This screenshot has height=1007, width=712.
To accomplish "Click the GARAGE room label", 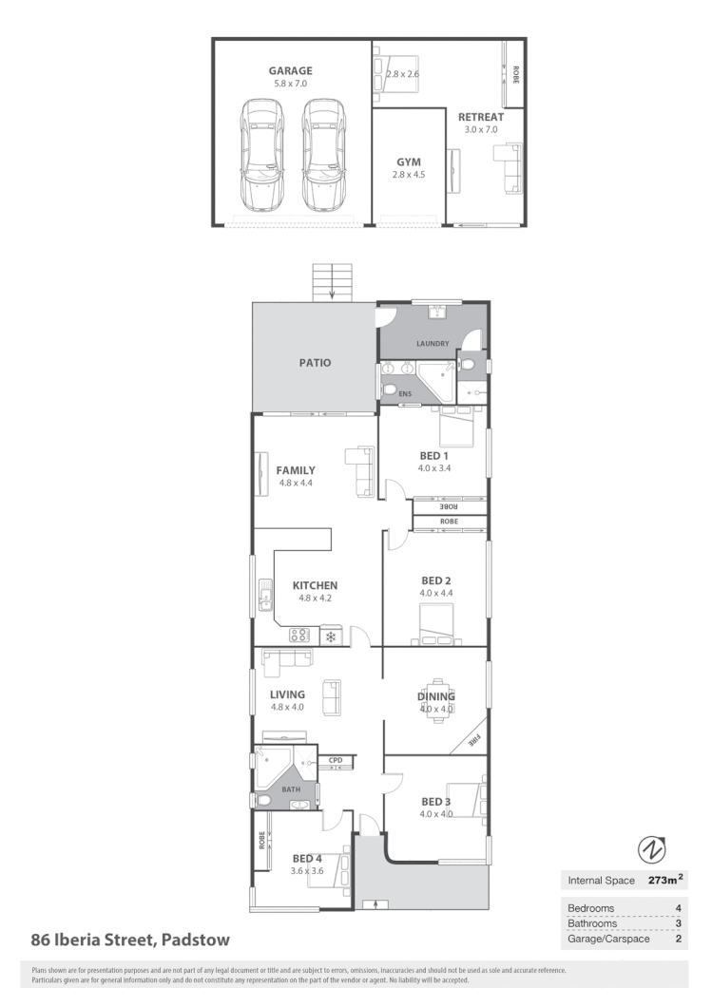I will pos(290,70).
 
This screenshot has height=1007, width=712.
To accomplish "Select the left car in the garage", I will pos(262,156).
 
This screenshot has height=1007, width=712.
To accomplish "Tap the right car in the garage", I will pos(322,156).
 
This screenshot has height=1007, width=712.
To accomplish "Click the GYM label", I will pos(408,162).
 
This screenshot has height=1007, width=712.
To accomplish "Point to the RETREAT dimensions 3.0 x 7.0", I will pos(481,129).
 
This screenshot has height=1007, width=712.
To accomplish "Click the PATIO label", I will pos(316,362).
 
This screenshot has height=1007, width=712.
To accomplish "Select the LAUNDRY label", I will pos(432,343).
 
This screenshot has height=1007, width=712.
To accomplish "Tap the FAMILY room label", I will pos(296,470).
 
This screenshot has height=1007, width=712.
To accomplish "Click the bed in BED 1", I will pos(453,426).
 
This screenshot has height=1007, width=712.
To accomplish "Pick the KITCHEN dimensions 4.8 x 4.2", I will pos(315,598).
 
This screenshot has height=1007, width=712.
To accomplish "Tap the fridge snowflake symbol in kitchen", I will pos(331,636).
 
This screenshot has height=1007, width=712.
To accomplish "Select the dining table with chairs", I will pos(436,696).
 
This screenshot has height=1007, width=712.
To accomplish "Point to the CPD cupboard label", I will pos(336,760).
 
